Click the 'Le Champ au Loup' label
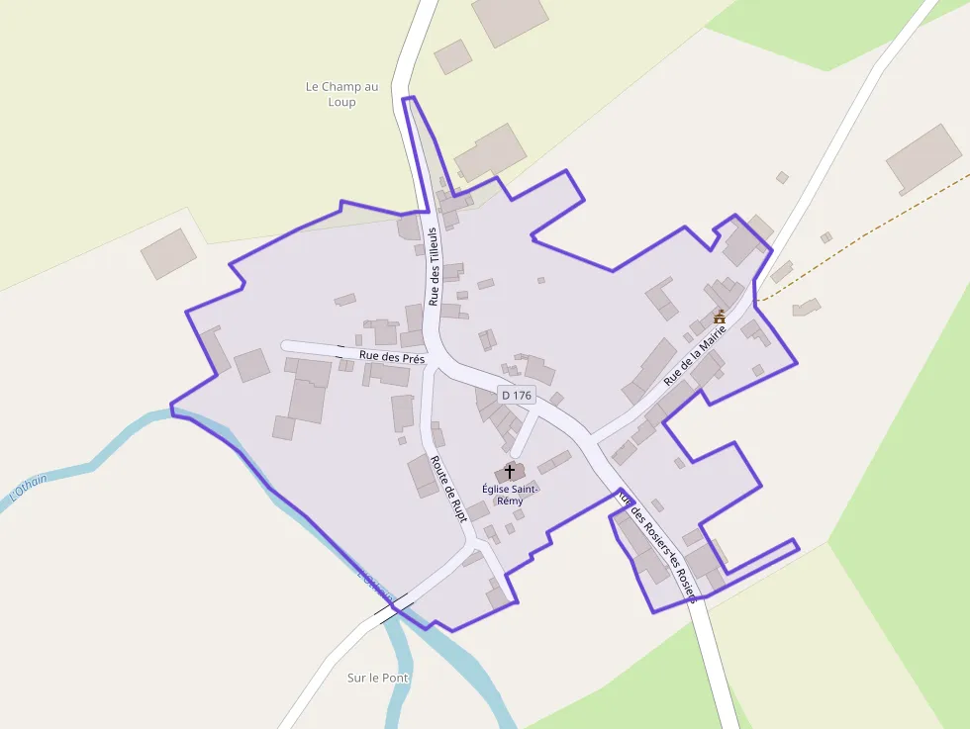coord(341,94)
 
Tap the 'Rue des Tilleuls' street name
coord(433,267)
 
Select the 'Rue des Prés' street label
coord(392,357)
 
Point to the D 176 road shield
coord(516,395)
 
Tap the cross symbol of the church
coord(510,471)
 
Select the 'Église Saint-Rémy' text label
coord(510,495)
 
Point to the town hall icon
coord(720,317)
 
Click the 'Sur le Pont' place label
coord(378,678)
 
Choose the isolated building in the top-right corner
coord(923,158)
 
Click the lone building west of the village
coord(168,253)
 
